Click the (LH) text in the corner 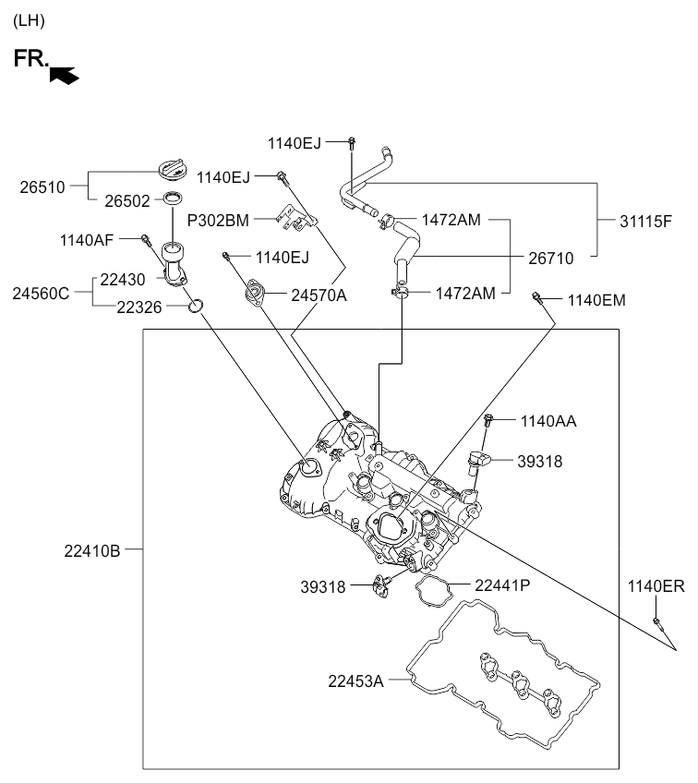click(x=29, y=20)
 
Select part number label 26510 click(x=42, y=187)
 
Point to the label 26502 click(x=126, y=200)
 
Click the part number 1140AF click(x=87, y=240)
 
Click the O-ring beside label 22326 click(x=196, y=306)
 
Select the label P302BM click(x=218, y=221)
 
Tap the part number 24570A click(x=319, y=295)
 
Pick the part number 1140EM click(x=596, y=299)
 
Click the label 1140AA click(x=548, y=421)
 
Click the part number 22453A click(x=355, y=681)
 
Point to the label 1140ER click(x=656, y=585)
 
